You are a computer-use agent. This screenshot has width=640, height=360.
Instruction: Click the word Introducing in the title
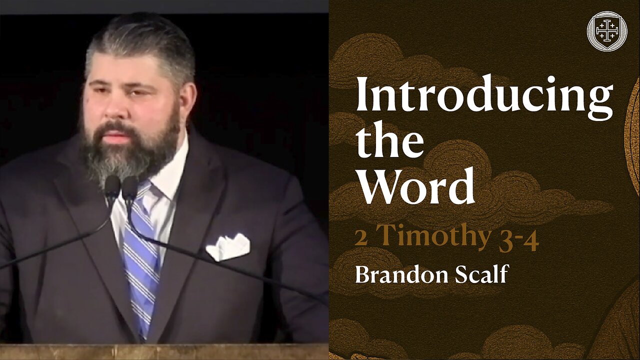[x=484, y=97]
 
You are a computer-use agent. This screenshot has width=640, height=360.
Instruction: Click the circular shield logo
[x=606, y=31]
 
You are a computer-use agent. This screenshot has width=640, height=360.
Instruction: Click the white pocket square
[x=228, y=247]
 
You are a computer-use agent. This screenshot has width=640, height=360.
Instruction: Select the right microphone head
[x=130, y=187]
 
